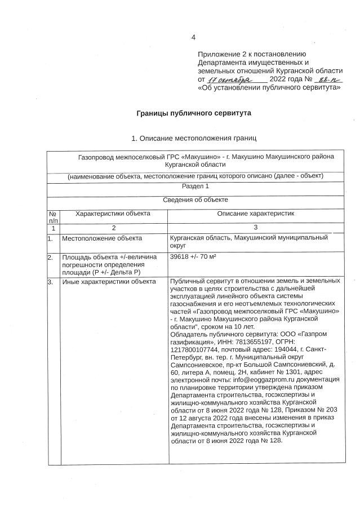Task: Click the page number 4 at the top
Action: (x=193, y=38)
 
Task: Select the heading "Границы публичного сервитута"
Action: (x=194, y=113)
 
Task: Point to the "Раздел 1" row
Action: (x=195, y=185)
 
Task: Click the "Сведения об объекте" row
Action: (x=195, y=199)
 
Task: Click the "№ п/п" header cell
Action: (x=54, y=217)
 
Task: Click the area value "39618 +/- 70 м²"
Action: (x=194, y=257)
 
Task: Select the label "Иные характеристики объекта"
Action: (x=109, y=281)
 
